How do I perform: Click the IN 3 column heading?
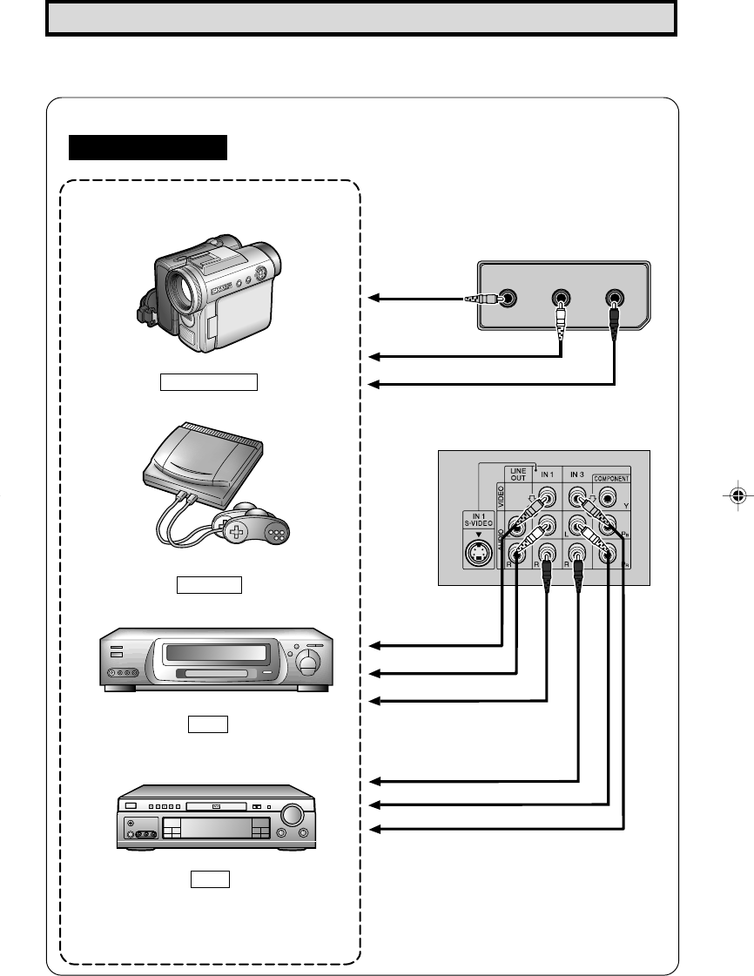(576, 475)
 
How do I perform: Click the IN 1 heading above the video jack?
(547, 475)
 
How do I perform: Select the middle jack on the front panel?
(561, 297)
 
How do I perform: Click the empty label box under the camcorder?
(208, 382)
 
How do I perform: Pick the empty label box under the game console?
(209, 583)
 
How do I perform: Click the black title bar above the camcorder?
(148, 147)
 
